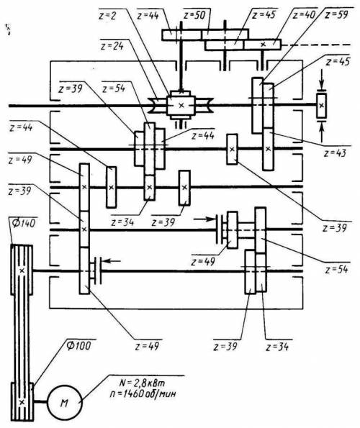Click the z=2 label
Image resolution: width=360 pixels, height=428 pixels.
click(107, 16)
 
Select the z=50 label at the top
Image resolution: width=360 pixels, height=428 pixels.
click(194, 14)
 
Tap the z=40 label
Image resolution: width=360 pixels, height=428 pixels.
click(305, 14)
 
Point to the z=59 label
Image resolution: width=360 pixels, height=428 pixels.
click(336, 14)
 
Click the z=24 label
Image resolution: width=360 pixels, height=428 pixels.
click(112, 46)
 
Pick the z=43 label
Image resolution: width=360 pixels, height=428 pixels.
click(335, 152)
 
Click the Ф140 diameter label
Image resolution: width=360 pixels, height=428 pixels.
click(24, 223)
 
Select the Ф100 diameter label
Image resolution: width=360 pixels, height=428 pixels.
click(78, 345)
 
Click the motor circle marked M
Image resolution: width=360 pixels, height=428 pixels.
click(65, 403)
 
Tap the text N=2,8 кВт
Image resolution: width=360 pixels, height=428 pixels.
click(142, 383)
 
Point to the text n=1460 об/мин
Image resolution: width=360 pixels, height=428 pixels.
click(143, 394)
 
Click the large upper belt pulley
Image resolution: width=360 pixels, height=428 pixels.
click(22, 270)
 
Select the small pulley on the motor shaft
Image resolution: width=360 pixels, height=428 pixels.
click(22, 401)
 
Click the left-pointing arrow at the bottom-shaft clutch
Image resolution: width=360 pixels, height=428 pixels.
click(112, 261)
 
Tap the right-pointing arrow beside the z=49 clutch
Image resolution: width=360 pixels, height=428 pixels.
click(204, 219)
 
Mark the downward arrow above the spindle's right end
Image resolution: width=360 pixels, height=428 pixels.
click(322, 78)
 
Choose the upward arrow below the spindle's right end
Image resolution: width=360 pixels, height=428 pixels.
click(322, 132)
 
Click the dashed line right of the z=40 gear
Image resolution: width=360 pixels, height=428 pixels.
click(316, 45)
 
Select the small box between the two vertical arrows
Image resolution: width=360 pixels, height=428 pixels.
click(322, 105)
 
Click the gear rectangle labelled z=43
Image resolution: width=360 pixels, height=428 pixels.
click(269, 149)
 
